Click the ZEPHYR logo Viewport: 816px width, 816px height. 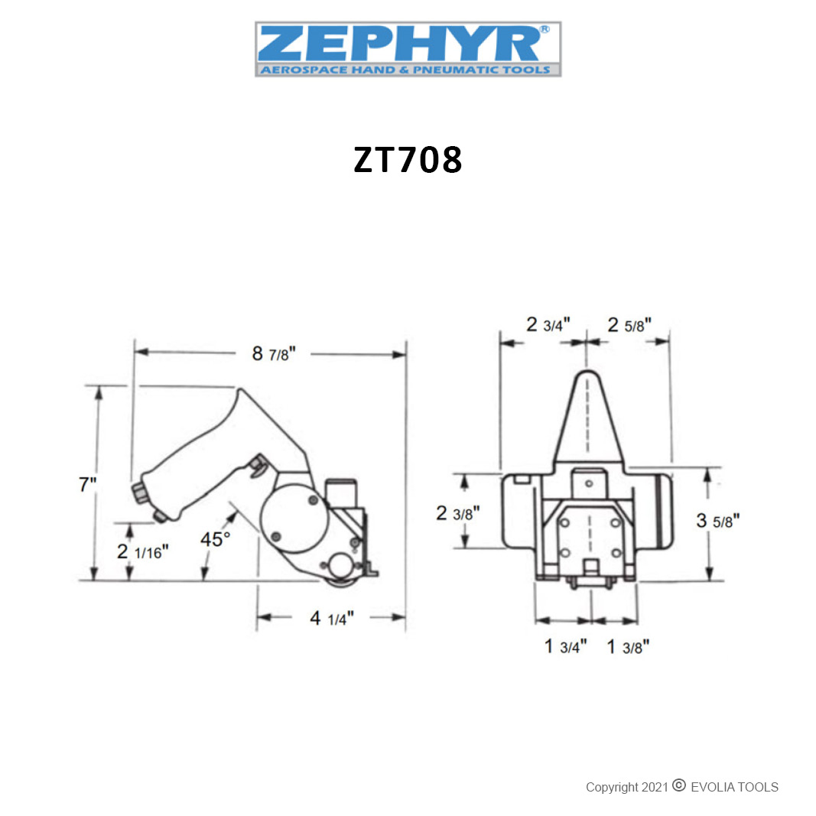pyautogui.click(x=408, y=49)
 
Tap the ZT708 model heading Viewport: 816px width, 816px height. pyautogui.click(x=408, y=159)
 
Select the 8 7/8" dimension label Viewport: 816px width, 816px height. pyautogui.click(x=274, y=354)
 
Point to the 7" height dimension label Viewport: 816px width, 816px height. pyautogui.click(x=87, y=484)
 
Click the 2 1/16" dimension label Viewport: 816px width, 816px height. pyautogui.click(x=142, y=551)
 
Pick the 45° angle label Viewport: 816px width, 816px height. pyautogui.click(x=215, y=539)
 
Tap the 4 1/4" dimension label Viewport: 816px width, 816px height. pyautogui.click(x=331, y=618)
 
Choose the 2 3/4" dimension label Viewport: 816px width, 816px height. pyautogui.click(x=548, y=325)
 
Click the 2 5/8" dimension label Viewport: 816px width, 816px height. pyautogui.click(x=629, y=325)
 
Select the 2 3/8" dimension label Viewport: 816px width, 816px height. pyautogui.click(x=458, y=513)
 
